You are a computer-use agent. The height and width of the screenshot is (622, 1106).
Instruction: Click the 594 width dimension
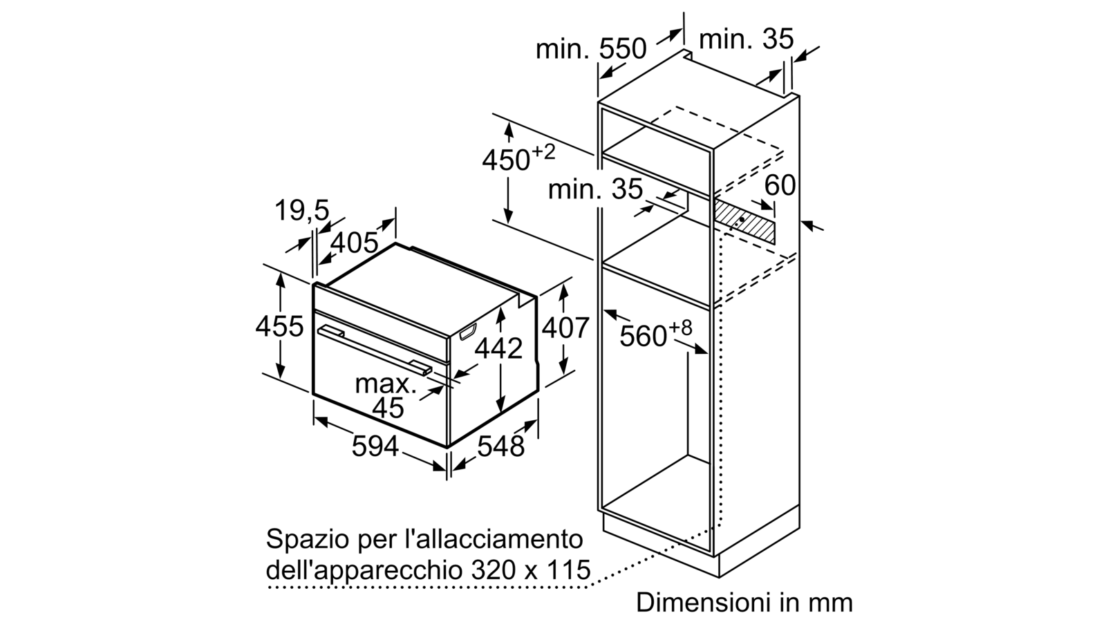pos(375,446)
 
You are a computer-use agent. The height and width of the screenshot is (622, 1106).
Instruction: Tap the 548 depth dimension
pos(500,446)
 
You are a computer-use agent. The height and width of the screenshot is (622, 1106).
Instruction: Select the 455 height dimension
pos(279,326)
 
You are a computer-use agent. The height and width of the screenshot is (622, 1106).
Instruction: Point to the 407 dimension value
pos(566,328)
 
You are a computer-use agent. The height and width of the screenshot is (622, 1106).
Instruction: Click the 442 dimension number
pos(498,348)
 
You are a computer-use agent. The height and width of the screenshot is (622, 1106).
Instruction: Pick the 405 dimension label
pos(354,243)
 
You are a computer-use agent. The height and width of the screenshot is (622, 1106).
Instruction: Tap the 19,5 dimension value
pos(301,210)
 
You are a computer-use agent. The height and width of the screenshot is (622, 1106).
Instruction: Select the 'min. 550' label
pos(591,49)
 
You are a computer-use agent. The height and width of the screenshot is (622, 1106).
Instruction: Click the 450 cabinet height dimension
pos(518,158)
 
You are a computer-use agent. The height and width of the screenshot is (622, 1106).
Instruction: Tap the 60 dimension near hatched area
pos(780,186)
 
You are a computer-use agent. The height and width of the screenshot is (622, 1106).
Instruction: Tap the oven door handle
pos(375,351)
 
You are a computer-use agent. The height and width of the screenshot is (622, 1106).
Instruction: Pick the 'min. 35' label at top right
pos(746,39)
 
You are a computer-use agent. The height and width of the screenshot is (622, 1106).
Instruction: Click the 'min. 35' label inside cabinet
pos(595,189)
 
